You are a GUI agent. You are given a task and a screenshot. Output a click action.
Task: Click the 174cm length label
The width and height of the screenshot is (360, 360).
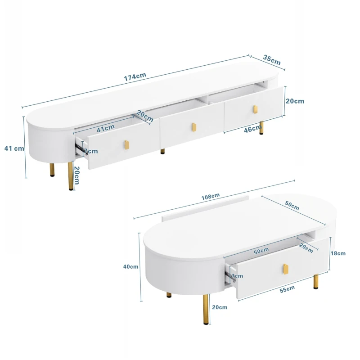[135, 77]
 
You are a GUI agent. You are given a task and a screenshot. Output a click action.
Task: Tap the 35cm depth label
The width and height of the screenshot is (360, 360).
[272, 60]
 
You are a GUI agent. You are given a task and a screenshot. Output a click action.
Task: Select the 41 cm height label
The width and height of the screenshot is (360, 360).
[14, 148]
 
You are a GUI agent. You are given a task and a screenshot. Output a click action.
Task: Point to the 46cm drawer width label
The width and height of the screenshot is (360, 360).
[252, 129]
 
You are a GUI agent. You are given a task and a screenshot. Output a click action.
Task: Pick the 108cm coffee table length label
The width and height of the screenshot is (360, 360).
[211, 197]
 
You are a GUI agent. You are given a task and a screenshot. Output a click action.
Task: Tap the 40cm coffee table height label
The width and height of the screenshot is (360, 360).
[130, 266]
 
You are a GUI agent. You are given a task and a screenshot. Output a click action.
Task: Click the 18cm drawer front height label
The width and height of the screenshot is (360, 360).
[338, 253]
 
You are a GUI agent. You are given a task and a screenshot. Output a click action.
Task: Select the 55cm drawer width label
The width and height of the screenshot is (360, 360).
[287, 289]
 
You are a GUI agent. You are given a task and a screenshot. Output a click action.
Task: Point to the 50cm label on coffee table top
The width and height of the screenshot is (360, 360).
[292, 206]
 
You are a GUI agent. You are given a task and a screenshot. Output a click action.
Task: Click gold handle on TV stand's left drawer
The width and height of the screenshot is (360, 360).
[127, 144]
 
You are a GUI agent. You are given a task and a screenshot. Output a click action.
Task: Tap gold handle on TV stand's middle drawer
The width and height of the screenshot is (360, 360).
[194, 127]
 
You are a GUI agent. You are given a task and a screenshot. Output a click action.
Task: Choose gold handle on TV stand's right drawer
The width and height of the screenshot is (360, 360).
[255, 109]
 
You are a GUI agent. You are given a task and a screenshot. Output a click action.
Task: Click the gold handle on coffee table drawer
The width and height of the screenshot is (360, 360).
[285, 269]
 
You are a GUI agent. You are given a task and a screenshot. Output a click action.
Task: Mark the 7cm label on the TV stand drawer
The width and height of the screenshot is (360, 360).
[90, 151]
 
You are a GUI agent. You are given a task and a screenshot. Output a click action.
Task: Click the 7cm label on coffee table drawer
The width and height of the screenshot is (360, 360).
[237, 276]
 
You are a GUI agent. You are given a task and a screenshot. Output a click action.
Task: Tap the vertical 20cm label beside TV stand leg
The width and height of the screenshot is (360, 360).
[76, 175]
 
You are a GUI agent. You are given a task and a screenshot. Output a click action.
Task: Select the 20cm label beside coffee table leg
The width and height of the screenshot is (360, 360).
[220, 307]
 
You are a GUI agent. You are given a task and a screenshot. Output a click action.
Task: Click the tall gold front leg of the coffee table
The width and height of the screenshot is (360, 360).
[206, 309]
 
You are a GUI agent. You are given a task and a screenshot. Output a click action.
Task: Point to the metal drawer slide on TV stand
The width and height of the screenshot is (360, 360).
[79, 147]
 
